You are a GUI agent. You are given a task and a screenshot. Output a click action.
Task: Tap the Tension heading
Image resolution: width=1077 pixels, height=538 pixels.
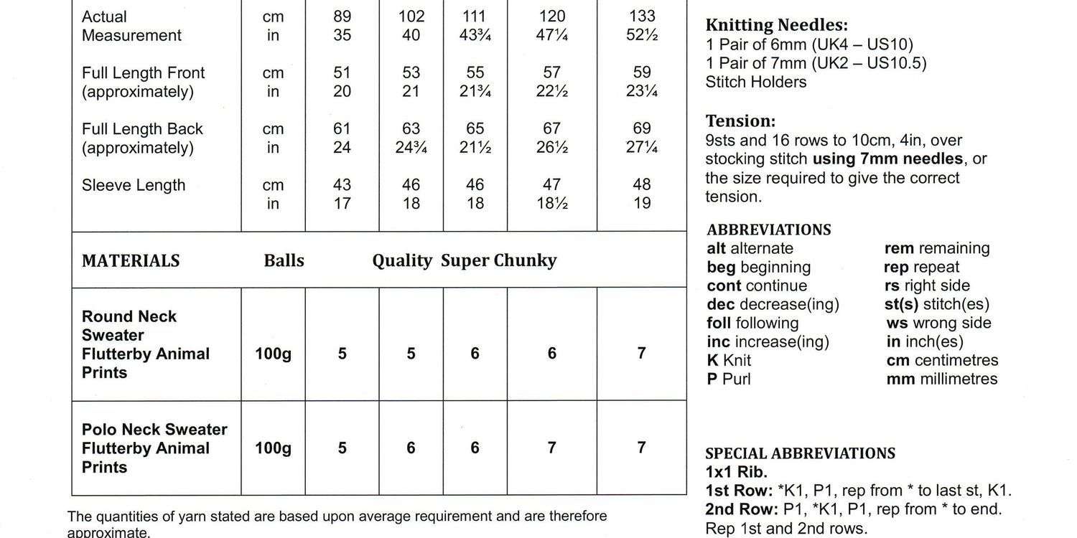click(x=740, y=121)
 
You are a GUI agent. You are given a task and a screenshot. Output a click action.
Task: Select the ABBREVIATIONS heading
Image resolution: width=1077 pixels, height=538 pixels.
click(x=769, y=230)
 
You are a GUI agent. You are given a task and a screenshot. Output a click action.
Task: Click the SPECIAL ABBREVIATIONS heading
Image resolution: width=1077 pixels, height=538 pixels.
click(x=801, y=453)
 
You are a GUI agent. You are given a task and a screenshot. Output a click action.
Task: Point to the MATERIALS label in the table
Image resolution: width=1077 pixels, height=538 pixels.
click(x=131, y=260)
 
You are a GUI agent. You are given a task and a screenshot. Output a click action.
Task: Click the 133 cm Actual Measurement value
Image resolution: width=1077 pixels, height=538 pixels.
click(x=642, y=16)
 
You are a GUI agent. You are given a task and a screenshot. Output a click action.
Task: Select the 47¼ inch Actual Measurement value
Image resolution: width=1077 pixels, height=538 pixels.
click(x=551, y=35)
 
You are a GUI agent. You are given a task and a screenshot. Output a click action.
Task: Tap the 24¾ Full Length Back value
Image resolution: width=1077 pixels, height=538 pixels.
click(x=411, y=148)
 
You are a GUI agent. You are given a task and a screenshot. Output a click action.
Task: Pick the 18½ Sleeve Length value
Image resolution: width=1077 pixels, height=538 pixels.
click(x=551, y=204)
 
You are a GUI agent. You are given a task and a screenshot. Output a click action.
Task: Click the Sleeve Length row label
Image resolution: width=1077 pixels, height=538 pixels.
click(x=134, y=185)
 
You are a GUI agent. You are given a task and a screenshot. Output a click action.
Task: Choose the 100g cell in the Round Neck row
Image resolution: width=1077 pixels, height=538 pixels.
click(x=273, y=354)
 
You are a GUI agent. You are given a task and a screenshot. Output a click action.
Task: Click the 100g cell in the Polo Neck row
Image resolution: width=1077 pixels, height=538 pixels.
click(x=273, y=448)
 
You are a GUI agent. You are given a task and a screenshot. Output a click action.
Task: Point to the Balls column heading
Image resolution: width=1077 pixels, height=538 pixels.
click(x=284, y=260)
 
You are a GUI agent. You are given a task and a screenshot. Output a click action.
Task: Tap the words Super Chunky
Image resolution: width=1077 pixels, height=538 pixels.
click(x=498, y=260)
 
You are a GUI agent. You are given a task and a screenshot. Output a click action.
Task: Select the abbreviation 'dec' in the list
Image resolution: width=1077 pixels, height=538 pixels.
click(x=722, y=304)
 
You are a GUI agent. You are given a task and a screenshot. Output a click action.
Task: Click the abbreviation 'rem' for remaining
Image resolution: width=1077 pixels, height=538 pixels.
click(x=899, y=248)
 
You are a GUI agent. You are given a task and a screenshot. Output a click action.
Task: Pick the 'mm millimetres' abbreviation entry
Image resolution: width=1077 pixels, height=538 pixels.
click(x=941, y=379)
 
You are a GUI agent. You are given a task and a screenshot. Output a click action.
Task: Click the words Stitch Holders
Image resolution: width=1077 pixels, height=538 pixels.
click(x=755, y=82)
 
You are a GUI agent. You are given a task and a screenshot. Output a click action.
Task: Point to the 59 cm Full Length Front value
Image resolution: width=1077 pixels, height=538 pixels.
click(x=642, y=72)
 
